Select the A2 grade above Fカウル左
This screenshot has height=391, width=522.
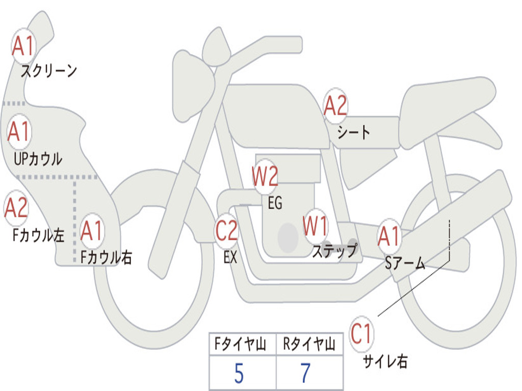16,208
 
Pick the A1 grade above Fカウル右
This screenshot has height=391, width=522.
92,231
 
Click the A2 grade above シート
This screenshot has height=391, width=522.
335,106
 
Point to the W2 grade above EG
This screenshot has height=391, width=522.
265,176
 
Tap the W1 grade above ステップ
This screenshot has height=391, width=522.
315,226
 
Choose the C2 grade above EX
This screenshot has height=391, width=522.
227,231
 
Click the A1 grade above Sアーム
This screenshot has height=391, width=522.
388,236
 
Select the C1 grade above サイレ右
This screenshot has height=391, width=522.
361,333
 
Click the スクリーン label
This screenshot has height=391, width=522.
49,71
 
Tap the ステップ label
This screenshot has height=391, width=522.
334,250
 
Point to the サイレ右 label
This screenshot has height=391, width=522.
385,361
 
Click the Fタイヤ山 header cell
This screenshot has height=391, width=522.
243,344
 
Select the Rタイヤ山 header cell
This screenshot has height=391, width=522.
309,344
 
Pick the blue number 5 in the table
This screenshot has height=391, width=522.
239,373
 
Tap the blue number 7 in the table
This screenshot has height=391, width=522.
306,373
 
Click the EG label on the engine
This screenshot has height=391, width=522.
275,203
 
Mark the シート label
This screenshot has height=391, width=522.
353,132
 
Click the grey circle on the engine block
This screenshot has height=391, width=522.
288,237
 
